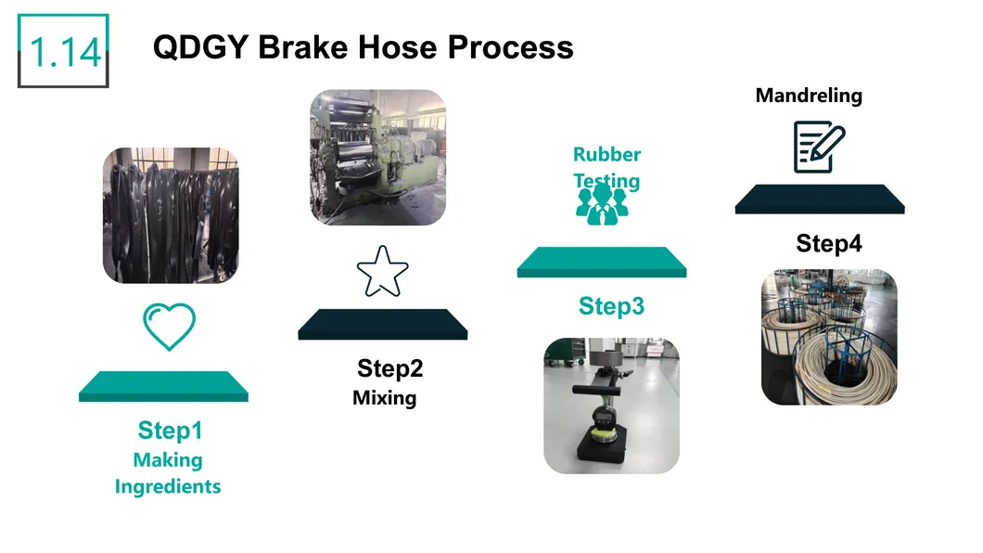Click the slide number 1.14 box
pyautogui.click(x=63, y=51)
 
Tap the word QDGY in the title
pyautogui.click(x=200, y=47)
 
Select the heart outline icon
pyautogui.click(x=170, y=326)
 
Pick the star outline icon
pyautogui.click(x=382, y=272)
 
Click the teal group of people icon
pyautogui.click(x=602, y=204)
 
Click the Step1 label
pyautogui.click(x=171, y=431)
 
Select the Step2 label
pyautogui.click(x=389, y=368)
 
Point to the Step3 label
pyautogui.click(x=611, y=306)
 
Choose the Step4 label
pyautogui.click(x=829, y=243)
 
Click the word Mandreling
pyautogui.click(x=809, y=96)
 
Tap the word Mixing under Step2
pyautogui.click(x=384, y=398)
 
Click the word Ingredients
pyautogui.click(x=168, y=486)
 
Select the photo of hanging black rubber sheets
pyautogui.click(x=171, y=215)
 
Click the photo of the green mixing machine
pyautogui.click(x=378, y=158)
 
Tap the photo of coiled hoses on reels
pyautogui.click(x=829, y=337)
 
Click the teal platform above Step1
pyautogui.click(x=163, y=386)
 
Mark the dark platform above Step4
pyautogui.click(x=820, y=199)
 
